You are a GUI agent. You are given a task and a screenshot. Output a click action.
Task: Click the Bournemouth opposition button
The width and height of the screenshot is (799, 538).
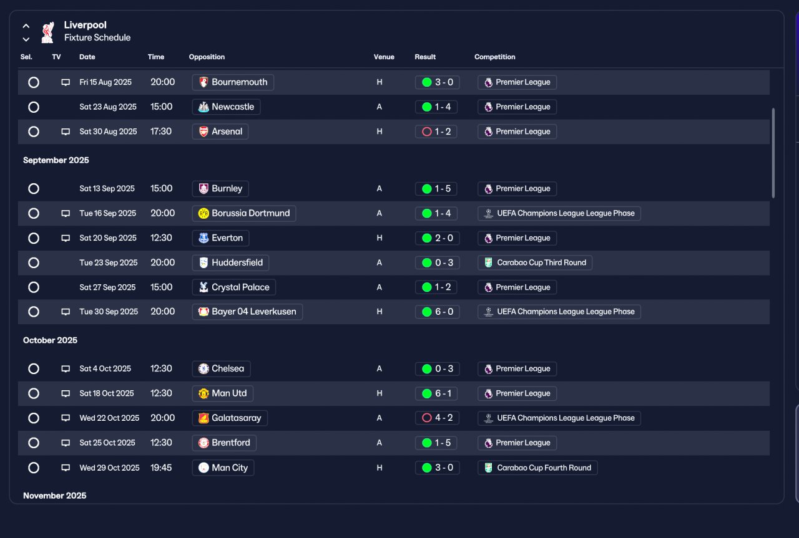click(233, 82)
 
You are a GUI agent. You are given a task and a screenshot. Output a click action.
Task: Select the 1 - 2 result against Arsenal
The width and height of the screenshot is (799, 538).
click(436, 132)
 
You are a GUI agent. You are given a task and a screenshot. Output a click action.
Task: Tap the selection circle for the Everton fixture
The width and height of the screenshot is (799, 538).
click(34, 238)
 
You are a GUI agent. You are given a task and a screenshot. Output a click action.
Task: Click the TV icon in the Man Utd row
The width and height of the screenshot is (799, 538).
click(66, 393)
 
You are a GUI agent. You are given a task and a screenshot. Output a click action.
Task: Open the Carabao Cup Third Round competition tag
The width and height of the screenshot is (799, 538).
click(535, 262)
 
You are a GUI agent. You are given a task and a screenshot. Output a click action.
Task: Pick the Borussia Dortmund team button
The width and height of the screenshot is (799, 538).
click(244, 213)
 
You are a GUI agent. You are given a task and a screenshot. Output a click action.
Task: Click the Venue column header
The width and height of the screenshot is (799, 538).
click(384, 57)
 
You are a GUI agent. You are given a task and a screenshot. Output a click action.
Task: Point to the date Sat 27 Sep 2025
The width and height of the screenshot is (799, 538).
click(107, 287)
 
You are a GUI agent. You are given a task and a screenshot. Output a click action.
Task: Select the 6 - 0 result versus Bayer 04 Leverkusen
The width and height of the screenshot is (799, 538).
click(438, 312)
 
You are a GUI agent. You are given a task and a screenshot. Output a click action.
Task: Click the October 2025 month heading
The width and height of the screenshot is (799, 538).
click(51, 340)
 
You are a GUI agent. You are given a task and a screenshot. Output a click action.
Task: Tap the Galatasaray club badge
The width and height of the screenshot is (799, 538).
click(203, 418)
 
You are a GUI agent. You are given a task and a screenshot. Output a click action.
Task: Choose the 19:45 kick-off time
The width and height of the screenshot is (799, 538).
click(161, 468)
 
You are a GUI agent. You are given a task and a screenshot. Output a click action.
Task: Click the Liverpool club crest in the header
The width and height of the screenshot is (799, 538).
click(48, 32)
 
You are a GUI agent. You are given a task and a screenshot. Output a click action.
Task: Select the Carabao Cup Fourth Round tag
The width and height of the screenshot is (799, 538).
click(537, 468)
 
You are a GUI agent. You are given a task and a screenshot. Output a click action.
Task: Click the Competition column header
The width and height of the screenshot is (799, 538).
click(495, 57)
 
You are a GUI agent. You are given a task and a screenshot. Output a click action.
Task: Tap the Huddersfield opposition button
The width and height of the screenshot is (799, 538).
click(230, 262)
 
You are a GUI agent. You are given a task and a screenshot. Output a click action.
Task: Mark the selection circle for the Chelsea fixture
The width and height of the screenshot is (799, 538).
click(34, 369)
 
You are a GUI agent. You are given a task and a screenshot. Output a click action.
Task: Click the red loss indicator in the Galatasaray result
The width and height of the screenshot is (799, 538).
click(427, 418)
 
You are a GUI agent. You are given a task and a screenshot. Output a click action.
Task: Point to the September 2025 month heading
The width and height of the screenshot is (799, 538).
click(56, 160)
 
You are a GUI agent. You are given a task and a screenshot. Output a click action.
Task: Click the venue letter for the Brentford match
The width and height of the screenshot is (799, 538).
click(379, 443)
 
